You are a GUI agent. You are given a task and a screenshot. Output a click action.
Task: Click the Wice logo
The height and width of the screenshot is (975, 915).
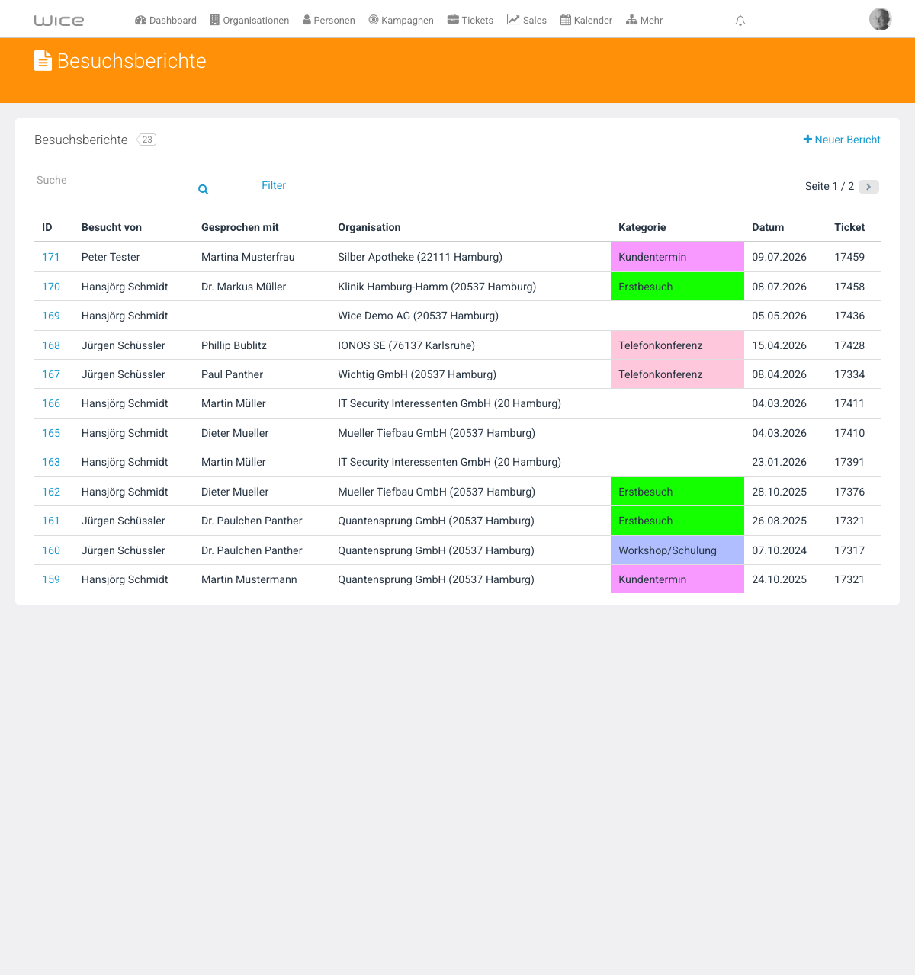[x=59, y=20]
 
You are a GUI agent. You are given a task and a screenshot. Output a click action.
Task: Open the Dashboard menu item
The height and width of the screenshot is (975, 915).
[x=165, y=20]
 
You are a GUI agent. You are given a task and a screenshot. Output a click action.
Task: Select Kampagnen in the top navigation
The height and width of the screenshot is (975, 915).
[x=401, y=20]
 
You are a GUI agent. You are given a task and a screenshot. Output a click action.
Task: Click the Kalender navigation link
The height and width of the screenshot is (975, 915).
[x=586, y=20]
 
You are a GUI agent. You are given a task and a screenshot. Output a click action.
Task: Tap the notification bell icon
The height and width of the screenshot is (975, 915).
[x=740, y=21]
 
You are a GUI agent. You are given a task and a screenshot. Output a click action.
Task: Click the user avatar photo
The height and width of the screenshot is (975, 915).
[x=880, y=19]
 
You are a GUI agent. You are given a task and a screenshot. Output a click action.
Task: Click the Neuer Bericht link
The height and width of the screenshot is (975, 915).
[x=841, y=140]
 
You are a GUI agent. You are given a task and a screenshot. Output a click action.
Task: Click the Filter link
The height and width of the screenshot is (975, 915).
[x=274, y=185]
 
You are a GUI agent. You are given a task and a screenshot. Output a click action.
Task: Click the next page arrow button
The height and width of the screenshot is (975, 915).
[x=868, y=187]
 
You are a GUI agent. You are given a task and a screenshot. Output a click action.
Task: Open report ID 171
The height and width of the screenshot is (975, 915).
[x=50, y=257]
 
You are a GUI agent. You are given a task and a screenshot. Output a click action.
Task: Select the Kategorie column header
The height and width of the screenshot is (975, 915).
[x=642, y=227]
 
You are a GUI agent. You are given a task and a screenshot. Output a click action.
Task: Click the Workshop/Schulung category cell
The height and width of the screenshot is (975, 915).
[x=677, y=550]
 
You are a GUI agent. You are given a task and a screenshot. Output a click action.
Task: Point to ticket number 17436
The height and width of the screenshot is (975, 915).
[x=849, y=316]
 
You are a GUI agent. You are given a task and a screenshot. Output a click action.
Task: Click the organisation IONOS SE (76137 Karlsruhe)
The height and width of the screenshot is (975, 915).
[x=406, y=345]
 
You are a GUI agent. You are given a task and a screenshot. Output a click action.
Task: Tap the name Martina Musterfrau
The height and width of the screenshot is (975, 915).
[x=248, y=257]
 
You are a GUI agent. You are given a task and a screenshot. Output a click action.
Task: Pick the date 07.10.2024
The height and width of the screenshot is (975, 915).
[x=779, y=550]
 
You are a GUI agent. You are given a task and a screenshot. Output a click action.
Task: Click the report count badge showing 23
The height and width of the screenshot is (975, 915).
[x=146, y=140]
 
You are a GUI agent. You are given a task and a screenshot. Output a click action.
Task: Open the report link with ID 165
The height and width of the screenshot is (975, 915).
[x=51, y=433]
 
